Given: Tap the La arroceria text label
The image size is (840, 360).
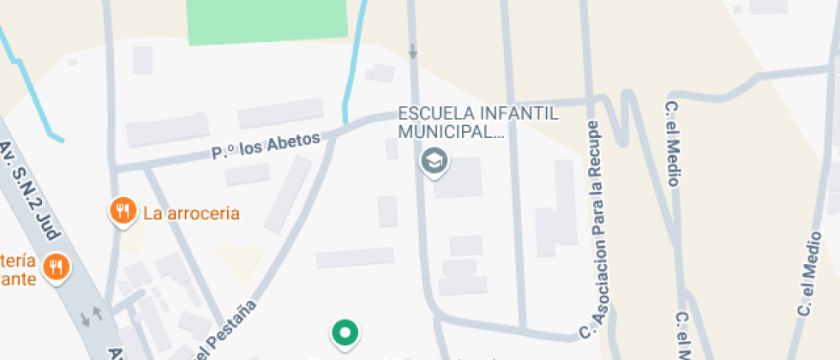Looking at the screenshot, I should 191,213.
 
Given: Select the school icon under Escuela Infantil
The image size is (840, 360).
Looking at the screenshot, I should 434,160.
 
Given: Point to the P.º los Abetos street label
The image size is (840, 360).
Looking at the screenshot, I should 266,145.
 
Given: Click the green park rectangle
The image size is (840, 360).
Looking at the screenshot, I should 267,21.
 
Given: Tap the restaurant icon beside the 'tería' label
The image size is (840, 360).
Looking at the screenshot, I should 57,267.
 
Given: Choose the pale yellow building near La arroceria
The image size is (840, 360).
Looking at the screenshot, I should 239,256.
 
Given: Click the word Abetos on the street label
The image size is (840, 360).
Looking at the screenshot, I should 292,140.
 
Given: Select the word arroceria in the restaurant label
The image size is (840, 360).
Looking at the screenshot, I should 203,213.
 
